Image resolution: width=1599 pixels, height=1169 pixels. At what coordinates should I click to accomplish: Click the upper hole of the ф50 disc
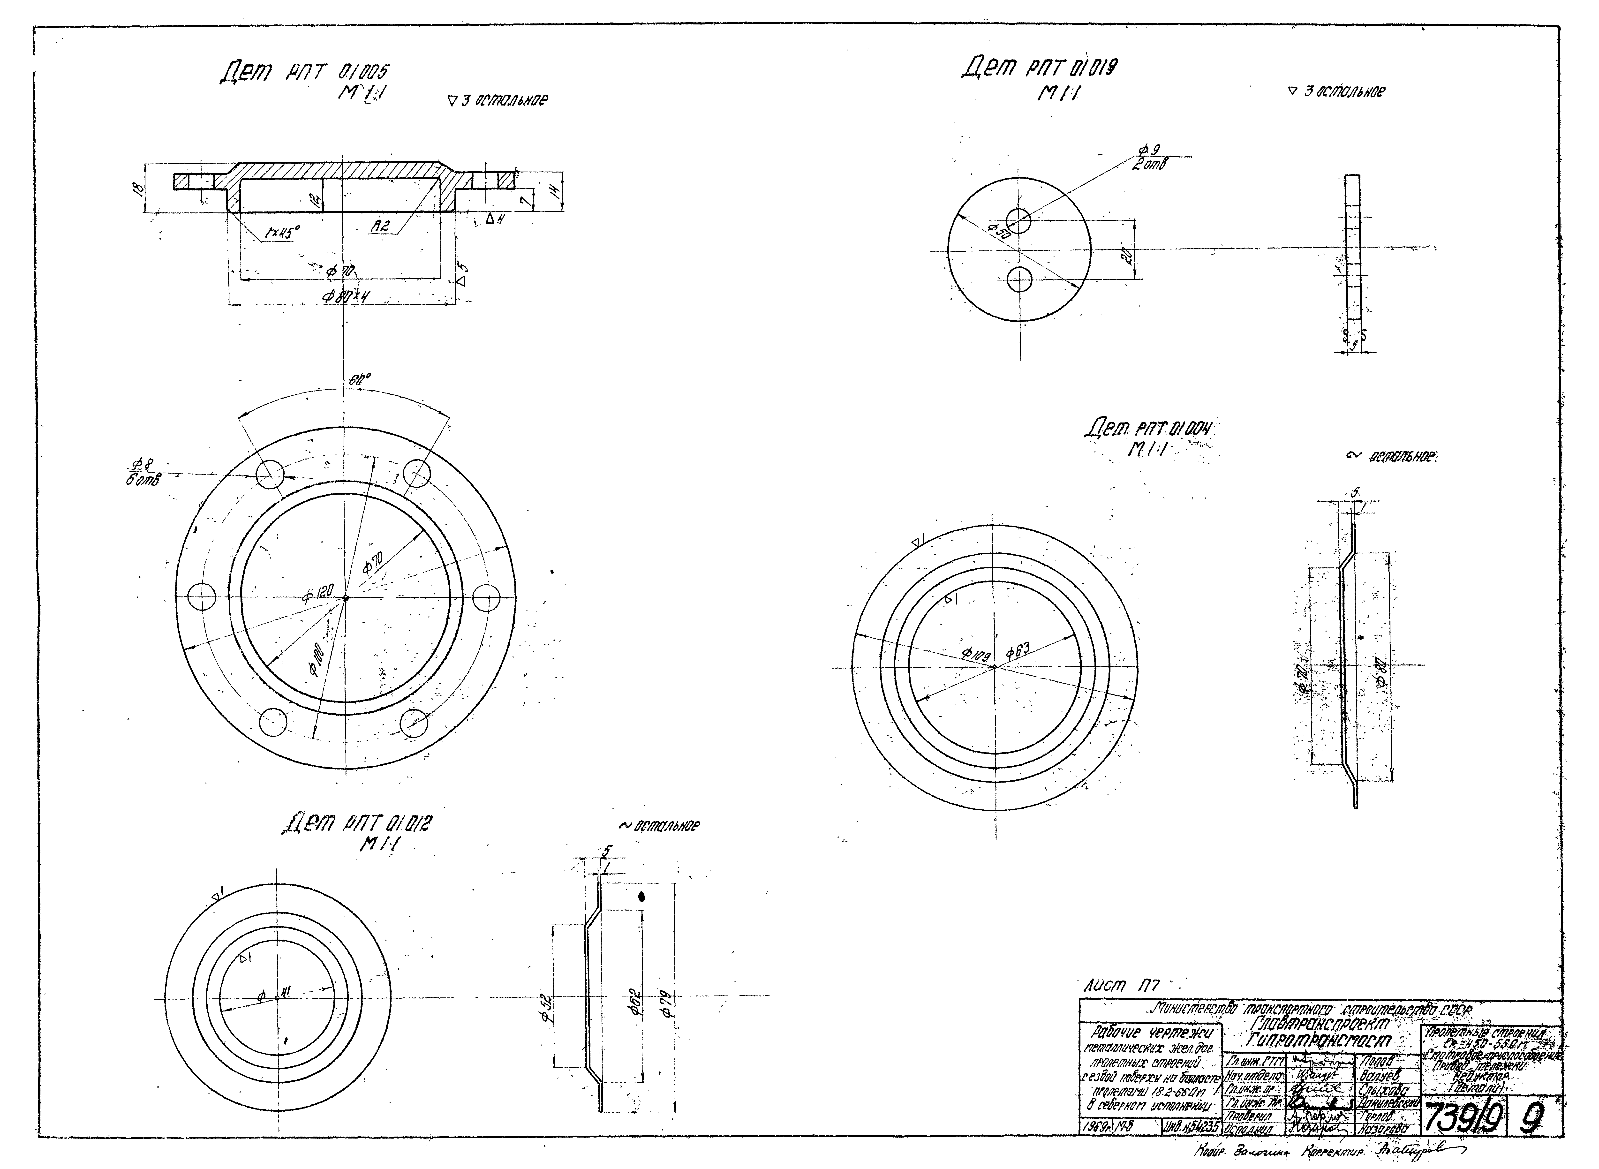(x=1019, y=220)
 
